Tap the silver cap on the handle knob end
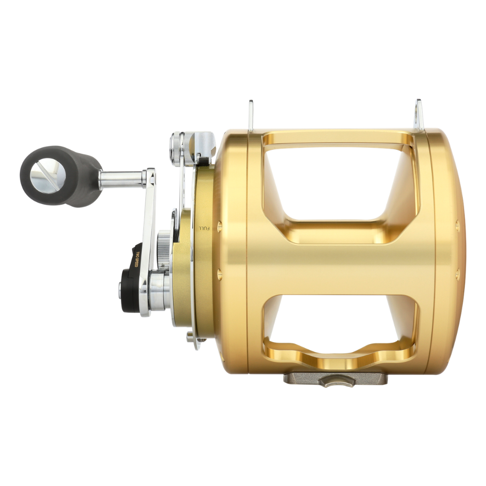(41, 175)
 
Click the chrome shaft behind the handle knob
(121, 179)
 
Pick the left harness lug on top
(251, 116)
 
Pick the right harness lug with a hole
(419, 115)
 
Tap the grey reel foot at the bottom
(335, 378)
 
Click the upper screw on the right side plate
(457, 226)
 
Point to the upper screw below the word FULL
(219, 226)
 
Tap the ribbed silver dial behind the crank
(164, 248)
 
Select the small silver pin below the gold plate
(190, 335)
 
